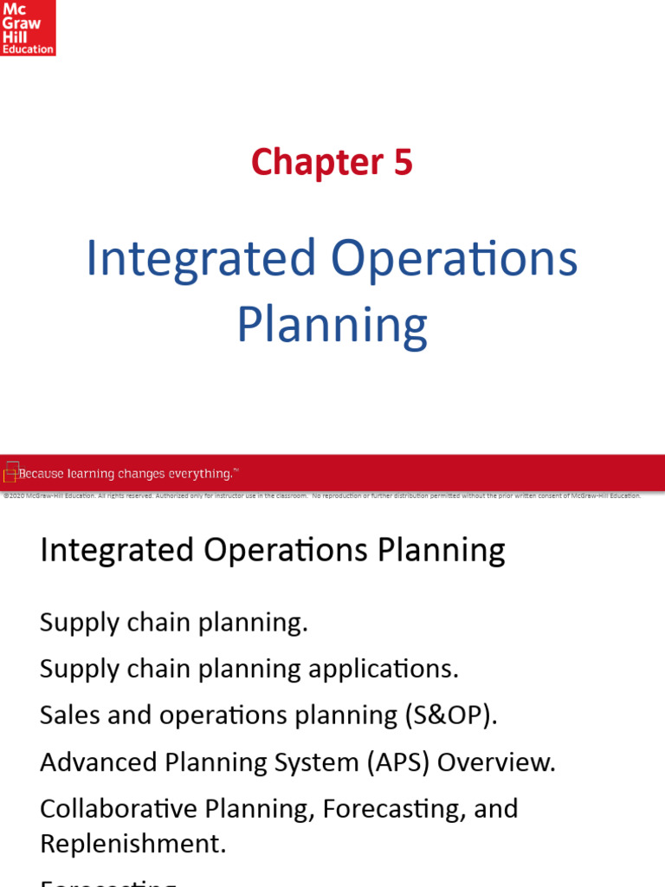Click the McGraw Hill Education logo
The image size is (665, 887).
[28, 28]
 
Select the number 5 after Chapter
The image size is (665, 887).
[403, 163]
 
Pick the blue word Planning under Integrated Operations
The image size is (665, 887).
[332, 327]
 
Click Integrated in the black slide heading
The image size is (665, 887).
[117, 550]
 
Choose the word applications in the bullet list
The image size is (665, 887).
[394, 670]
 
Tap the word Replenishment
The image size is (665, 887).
[132, 845]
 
